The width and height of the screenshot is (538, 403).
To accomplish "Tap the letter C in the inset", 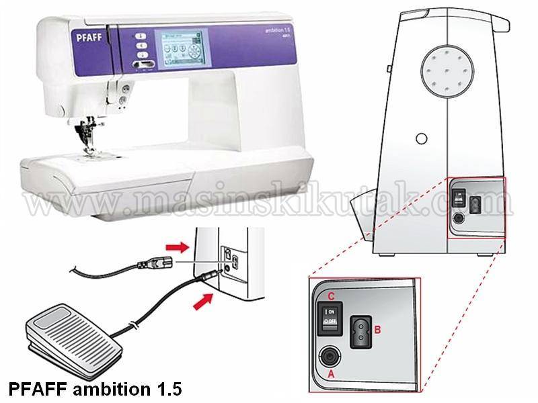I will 330,296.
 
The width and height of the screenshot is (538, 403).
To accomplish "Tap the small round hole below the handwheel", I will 421,138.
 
